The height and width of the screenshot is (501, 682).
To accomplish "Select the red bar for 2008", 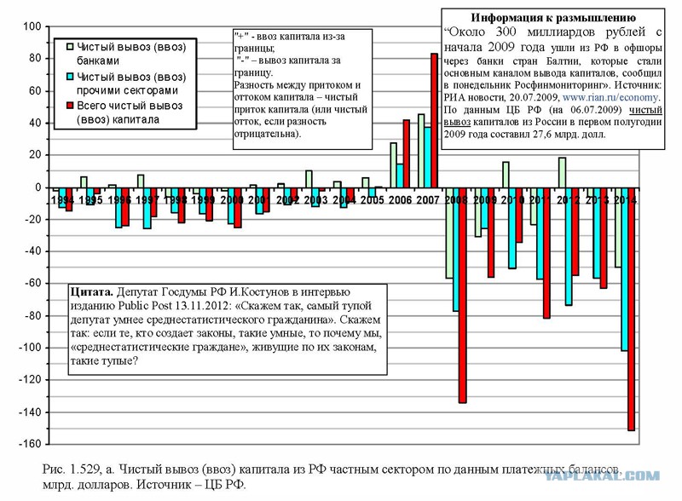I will (462, 294).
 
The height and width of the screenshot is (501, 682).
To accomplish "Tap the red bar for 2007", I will (434, 120).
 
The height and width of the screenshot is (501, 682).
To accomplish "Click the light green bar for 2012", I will (562, 172).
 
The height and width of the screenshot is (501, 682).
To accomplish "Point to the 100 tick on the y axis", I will (32, 26).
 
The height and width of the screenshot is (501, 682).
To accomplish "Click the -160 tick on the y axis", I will (29, 444).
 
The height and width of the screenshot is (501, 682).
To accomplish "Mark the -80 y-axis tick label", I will (32, 315).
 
